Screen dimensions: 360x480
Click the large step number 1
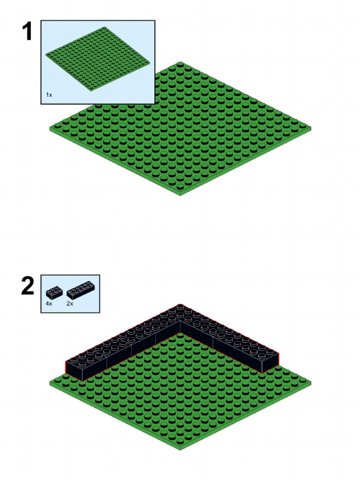pyautogui.click(x=27, y=31)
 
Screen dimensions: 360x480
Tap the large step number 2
pyautogui.click(x=28, y=286)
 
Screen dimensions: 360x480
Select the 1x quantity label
pyautogui.click(x=49, y=95)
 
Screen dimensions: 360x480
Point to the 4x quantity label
pyautogui.click(x=49, y=303)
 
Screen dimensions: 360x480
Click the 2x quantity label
pyautogui.click(x=70, y=303)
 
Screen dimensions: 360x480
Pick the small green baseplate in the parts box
pyautogui.click(x=98, y=59)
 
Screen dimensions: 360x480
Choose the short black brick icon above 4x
pyautogui.click(x=54, y=292)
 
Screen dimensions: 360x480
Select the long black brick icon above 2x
pyautogui.click(x=81, y=290)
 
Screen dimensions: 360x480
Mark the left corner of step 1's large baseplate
pyautogui.click(x=50, y=128)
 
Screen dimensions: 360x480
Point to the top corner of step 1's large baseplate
pyautogui.click(x=180, y=62)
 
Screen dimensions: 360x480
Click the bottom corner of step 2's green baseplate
pyautogui.click(x=180, y=450)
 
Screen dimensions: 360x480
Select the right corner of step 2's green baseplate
pyautogui.click(x=311, y=382)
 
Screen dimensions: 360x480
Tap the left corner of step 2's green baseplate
pyautogui.click(x=50, y=383)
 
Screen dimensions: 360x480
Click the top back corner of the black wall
pyautogui.click(x=180, y=304)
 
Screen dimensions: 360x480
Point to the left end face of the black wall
pyautogui.click(x=74, y=371)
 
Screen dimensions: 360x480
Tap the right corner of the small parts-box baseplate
pyautogui.click(x=150, y=63)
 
